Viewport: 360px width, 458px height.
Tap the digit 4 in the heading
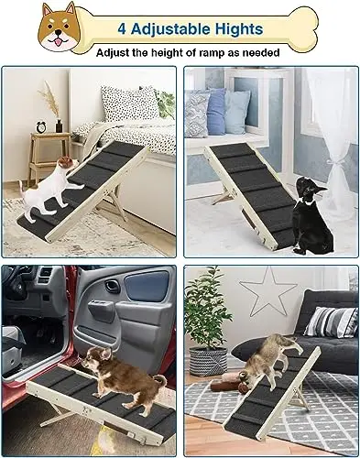[122, 29]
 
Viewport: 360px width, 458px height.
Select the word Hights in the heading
[239, 29]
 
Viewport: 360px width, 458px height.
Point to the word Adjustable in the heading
[170, 29]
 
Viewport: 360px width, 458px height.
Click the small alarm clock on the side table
[40, 126]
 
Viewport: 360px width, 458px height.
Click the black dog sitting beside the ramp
[311, 213]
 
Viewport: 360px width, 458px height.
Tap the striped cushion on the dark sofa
[331, 322]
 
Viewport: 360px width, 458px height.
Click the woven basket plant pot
[209, 362]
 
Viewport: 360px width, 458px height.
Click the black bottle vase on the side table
[59, 125]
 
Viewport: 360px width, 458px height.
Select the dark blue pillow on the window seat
[216, 112]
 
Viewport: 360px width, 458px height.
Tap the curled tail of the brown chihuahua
[160, 380]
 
